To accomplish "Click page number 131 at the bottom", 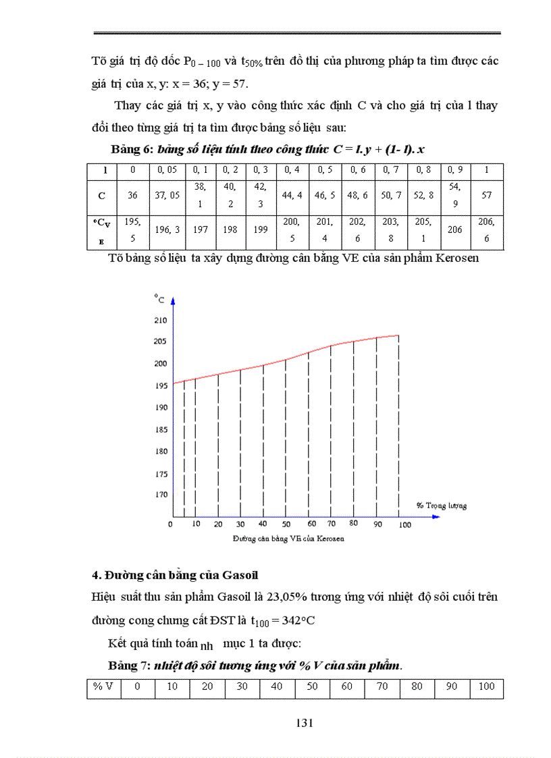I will [304, 723].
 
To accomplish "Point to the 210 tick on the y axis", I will [160, 319].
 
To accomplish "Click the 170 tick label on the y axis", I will [160, 494].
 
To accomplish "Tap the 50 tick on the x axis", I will [286, 524].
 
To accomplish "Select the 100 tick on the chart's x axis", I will [404, 524].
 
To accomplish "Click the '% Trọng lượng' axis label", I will [441, 505].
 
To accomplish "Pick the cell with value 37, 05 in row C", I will [166, 195].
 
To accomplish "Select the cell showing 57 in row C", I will [487, 195].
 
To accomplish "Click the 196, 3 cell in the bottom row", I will [166, 229].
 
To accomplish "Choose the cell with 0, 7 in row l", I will [391, 170].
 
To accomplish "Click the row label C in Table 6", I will [101, 195].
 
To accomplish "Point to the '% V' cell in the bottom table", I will [103, 687].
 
